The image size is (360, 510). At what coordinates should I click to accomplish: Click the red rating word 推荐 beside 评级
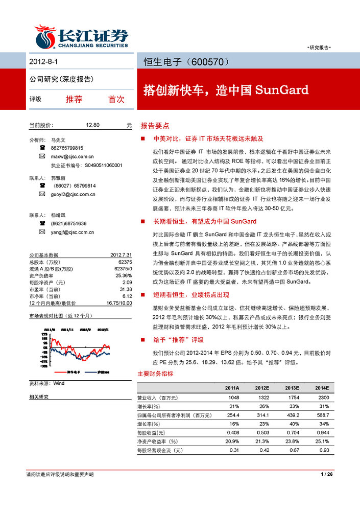click(74, 99)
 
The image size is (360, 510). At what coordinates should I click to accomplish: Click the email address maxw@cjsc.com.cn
click(72, 156)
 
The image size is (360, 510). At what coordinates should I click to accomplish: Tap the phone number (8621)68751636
click(68, 223)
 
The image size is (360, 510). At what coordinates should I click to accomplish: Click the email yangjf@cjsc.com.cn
click(72, 232)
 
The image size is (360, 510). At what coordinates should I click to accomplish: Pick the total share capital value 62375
click(125, 261)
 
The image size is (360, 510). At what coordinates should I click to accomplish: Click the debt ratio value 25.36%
click(124, 275)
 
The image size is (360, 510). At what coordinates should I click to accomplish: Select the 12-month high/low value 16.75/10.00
click(119, 303)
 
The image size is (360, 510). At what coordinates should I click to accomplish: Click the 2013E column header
click(293, 388)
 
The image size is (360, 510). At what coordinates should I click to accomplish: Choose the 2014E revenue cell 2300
click(323, 397)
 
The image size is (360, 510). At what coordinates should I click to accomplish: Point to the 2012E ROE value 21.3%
click(262, 441)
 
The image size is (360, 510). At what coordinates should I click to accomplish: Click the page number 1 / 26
click(327, 475)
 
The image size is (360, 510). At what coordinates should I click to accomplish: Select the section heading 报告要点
click(155, 125)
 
